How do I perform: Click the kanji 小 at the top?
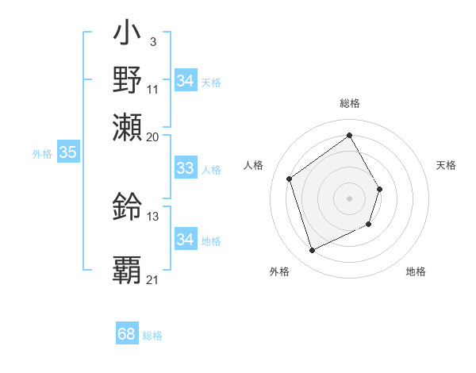tap(127, 35)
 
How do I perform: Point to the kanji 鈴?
tap(127, 207)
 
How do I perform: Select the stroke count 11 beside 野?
tap(153, 89)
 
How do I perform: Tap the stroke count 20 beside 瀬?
tap(153, 136)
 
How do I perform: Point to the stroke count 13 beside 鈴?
tap(153, 216)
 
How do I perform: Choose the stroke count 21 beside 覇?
tap(153, 280)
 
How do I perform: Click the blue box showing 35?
tap(67, 153)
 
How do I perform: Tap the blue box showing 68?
tap(127, 334)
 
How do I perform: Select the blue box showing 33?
tap(185, 168)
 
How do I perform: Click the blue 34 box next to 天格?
tap(185, 81)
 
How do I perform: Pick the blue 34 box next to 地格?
tap(185, 240)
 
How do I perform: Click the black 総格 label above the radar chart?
tap(349, 104)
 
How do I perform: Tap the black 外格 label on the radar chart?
tap(279, 272)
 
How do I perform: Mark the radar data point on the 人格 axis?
tap(290, 179)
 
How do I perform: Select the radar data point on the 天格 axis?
tap(380, 189)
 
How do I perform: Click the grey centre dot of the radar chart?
tap(349, 198)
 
